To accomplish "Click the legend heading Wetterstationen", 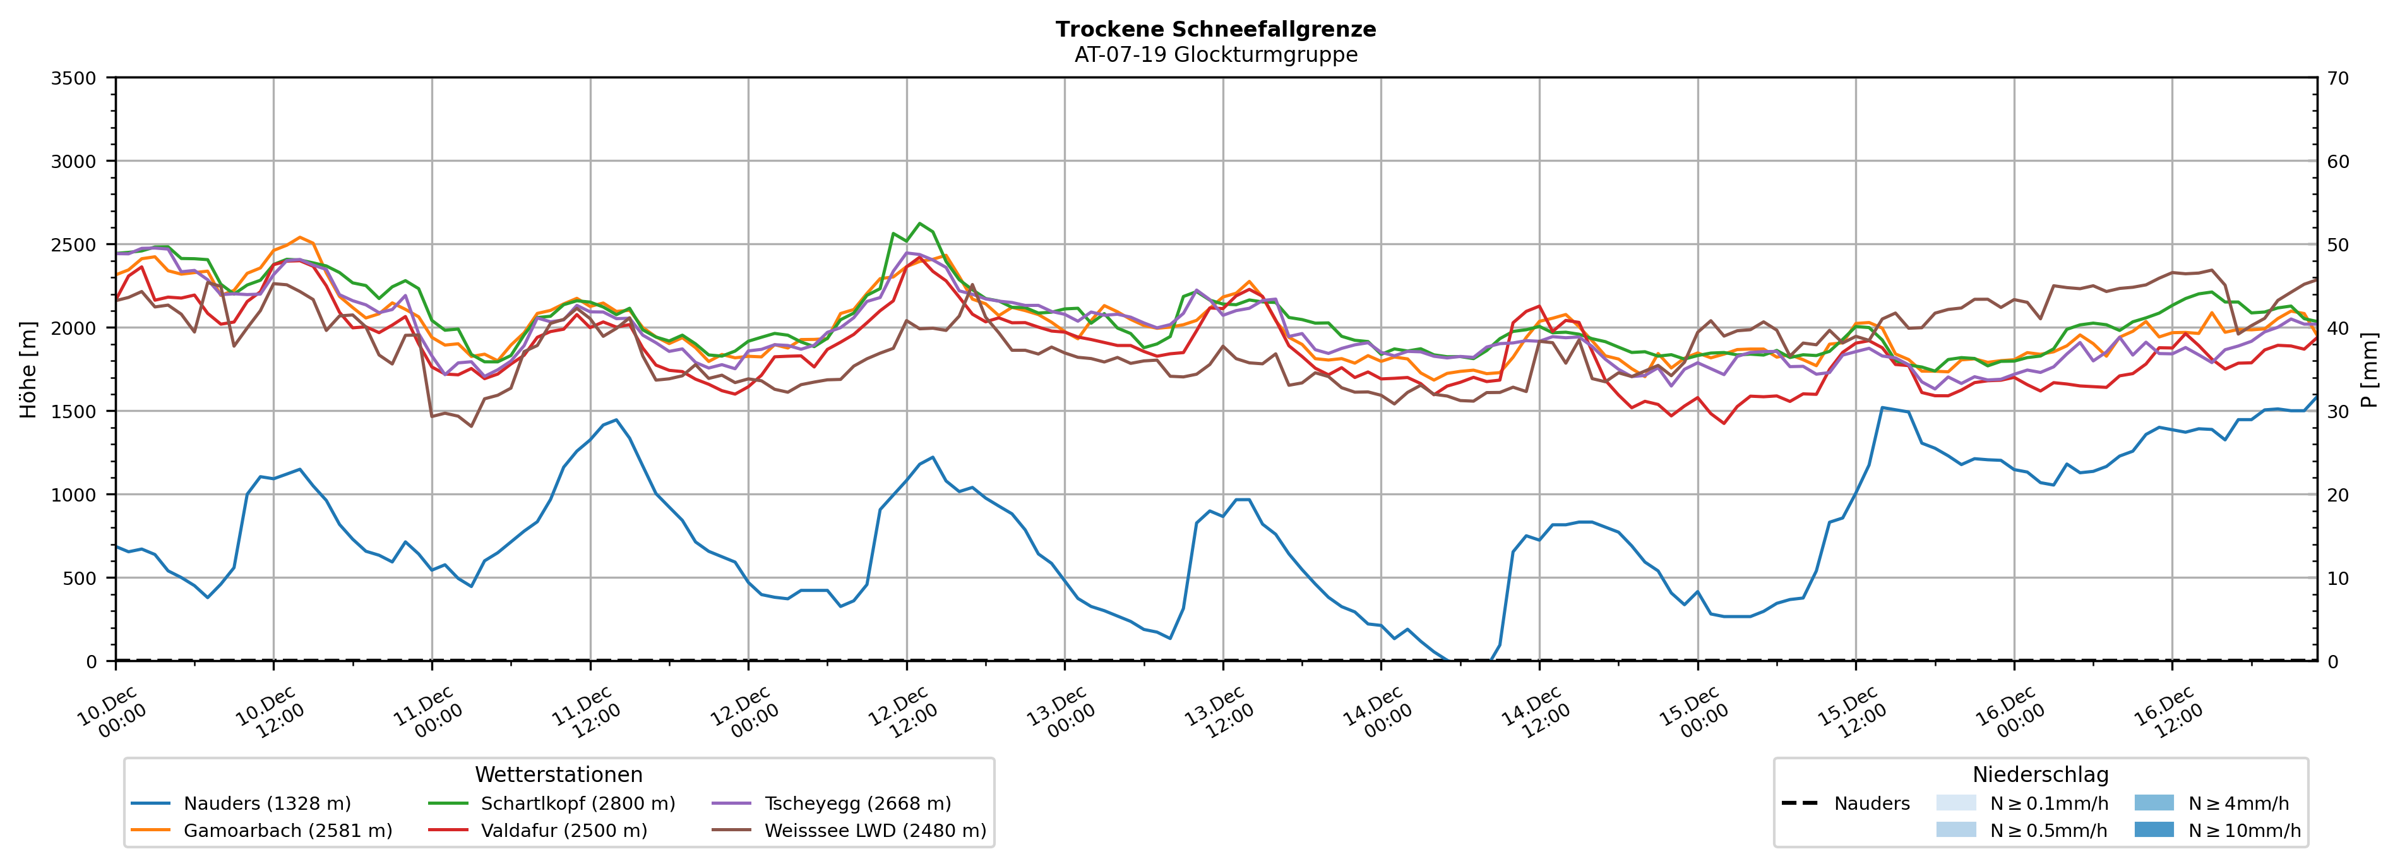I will [558, 774].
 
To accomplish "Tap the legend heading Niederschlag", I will [2039, 774].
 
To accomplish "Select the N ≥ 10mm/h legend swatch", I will [2154, 829].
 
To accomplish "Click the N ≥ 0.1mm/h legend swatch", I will [1955, 803].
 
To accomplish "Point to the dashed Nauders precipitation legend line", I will [1799, 803].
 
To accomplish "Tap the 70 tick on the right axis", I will [2337, 78].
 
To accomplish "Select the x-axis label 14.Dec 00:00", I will [1376, 714].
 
